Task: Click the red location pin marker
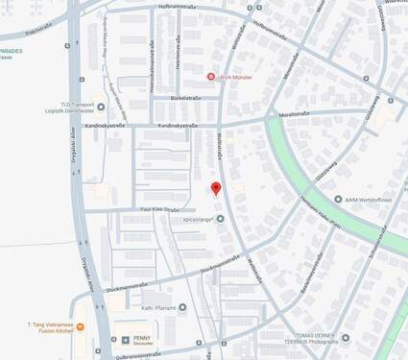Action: click(216, 188)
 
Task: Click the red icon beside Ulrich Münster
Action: click(211, 76)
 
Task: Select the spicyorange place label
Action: click(193, 219)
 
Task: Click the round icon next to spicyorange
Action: click(221, 219)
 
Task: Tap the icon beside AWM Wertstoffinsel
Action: click(338, 200)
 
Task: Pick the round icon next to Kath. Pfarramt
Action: click(182, 308)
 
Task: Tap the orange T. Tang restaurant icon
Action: click(80, 327)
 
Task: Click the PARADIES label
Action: click(12, 52)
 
